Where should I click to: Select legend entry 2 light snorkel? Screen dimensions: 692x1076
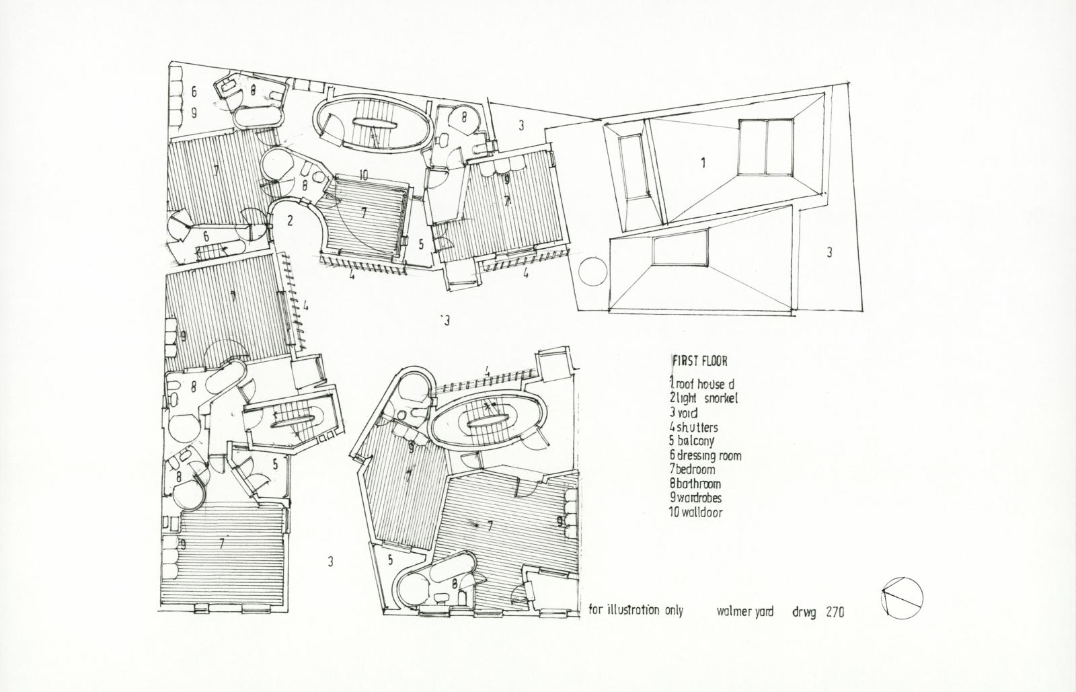tap(699, 398)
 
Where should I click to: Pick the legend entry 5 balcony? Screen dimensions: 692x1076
tap(691, 441)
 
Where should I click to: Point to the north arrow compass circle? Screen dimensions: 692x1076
tap(902, 597)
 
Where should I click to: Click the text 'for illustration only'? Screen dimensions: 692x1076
tap(636, 611)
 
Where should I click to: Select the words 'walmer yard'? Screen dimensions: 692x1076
tap(745, 611)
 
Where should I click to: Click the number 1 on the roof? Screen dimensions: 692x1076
tap(703, 162)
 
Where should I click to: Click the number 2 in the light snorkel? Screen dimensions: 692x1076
tap(290, 220)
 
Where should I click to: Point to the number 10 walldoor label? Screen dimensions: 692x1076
tap(362, 176)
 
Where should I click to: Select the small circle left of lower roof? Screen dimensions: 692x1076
tap(592, 273)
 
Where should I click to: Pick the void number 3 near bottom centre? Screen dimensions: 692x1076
tap(330, 561)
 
